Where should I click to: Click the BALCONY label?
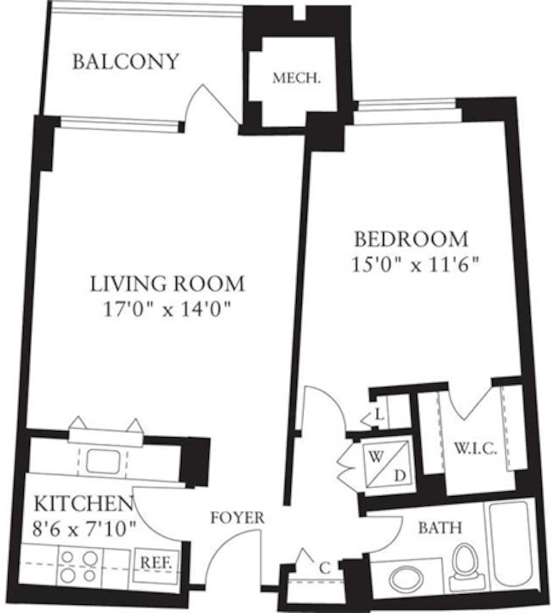coord(126,62)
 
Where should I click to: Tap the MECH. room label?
coord(297,78)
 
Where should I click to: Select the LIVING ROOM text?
coord(167,284)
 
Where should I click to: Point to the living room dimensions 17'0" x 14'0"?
coord(167,309)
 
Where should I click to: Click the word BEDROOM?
coord(411,239)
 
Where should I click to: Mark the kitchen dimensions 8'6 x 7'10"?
coord(84,528)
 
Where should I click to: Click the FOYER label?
coord(237,517)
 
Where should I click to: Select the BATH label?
coord(440,528)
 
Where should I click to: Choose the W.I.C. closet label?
coord(475,449)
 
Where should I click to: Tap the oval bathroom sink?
coord(404,579)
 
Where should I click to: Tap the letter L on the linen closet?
coord(379,413)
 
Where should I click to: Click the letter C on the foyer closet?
coord(325,568)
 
